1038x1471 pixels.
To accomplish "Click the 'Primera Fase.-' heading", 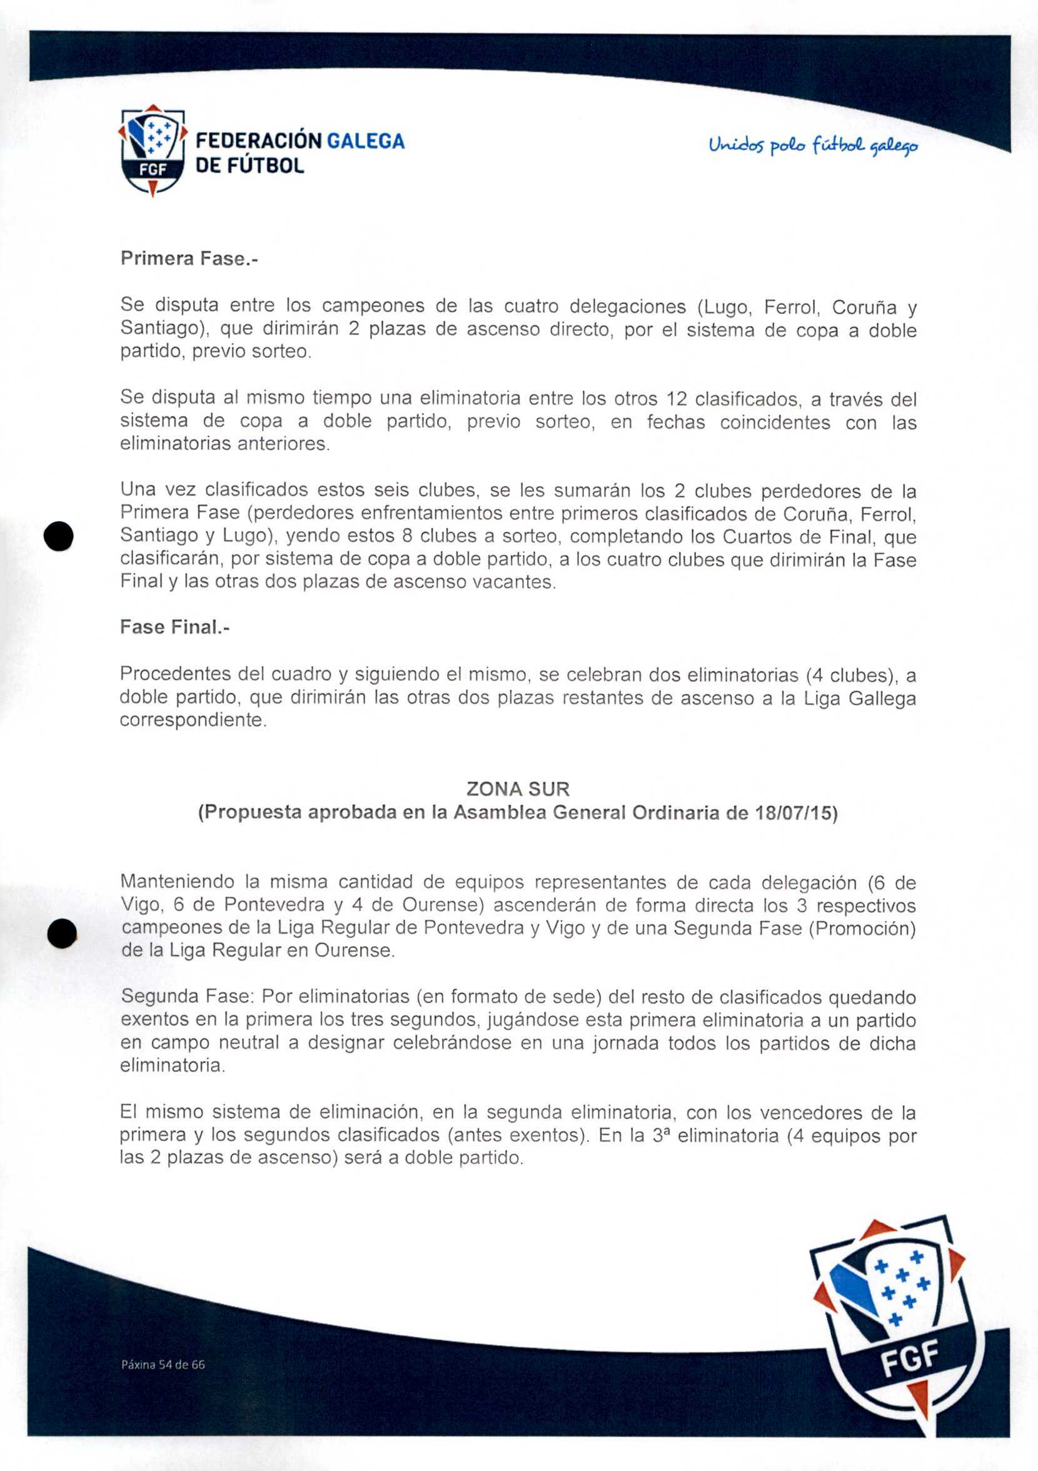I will coord(189,258).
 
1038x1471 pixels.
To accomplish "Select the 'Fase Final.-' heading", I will coord(174,626).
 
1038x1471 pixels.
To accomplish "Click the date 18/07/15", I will coord(794,813).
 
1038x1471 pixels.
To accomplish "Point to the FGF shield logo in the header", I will coord(153,151).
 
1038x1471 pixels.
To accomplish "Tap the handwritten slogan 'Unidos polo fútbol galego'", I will coord(813,146).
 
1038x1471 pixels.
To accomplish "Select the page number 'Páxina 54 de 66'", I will coord(163,1365).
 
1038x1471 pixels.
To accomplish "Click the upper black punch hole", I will coord(59,536).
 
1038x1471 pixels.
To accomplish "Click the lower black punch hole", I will coord(62,933).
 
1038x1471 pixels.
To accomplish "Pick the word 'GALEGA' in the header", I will coord(366,141).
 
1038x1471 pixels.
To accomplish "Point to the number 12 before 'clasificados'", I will coord(677,399).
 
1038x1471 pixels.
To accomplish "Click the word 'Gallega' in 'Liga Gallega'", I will coord(882,698).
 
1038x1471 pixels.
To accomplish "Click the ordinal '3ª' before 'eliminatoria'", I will coord(661,1135).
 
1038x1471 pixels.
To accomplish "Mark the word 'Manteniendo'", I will coord(177,882).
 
